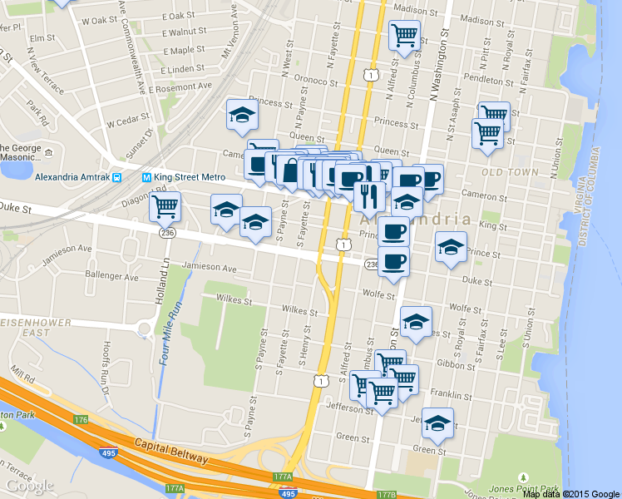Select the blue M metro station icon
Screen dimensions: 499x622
point(146,177)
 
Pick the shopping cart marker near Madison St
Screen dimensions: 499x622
point(404,35)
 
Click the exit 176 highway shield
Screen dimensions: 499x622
point(80,420)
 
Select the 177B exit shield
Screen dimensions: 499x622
point(386,495)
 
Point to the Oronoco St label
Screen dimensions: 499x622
point(310,81)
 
